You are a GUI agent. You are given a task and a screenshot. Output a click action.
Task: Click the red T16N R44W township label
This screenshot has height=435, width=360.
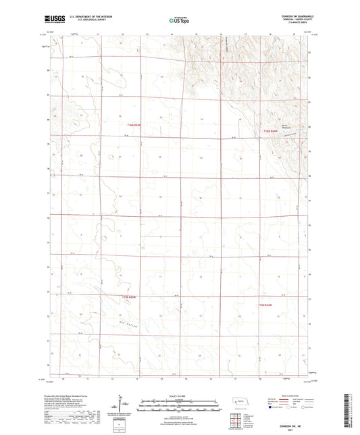click(270, 130)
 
